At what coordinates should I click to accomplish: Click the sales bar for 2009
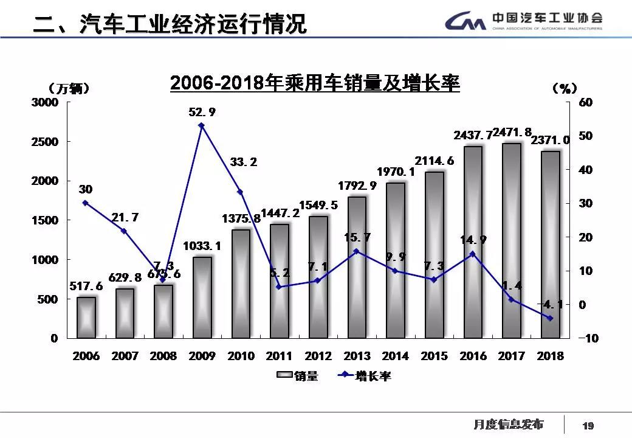coord(202,297)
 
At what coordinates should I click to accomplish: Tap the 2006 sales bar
coord(86,318)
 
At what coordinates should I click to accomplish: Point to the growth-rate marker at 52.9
coord(202,125)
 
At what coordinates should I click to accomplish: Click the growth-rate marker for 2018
coord(550,318)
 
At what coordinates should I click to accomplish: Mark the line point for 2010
coord(240,192)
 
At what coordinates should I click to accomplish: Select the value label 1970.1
coord(396,172)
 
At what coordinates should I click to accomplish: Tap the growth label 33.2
coord(243,162)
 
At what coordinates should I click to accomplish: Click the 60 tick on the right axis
coord(585,102)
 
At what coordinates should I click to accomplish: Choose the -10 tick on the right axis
coord(584,338)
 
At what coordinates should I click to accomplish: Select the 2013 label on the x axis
coord(357,356)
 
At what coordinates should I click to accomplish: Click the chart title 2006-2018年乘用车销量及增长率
coord(315,83)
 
